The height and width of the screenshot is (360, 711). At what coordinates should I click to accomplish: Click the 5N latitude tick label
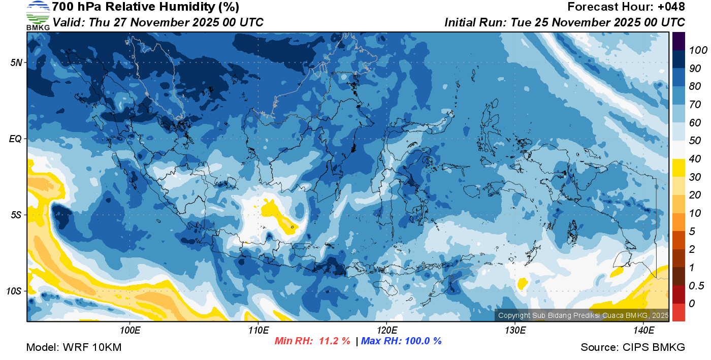click(x=16, y=62)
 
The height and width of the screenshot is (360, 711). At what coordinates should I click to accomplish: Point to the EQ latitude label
click(x=16, y=139)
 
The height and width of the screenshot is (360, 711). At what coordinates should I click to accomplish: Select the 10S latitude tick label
click(x=14, y=291)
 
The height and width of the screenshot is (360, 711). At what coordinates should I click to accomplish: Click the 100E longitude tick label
click(x=130, y=331)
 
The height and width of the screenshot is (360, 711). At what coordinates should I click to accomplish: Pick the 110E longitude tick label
click(x=258, y=331)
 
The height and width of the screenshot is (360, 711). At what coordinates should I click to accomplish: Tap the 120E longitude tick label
click(x=386, y=331)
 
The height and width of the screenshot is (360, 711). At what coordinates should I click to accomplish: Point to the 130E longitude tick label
click(x=515, y=331)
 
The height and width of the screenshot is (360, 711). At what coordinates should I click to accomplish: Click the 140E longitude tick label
click(x=643, y=331)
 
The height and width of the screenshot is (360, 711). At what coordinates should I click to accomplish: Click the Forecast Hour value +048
click(x=674, y=7)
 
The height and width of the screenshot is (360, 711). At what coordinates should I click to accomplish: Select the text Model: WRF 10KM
click(x=74, y=348)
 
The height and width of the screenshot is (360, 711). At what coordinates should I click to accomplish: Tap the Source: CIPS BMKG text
click(x=633, y=348)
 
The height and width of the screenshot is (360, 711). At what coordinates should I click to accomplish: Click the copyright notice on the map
click(x=583, y=315)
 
